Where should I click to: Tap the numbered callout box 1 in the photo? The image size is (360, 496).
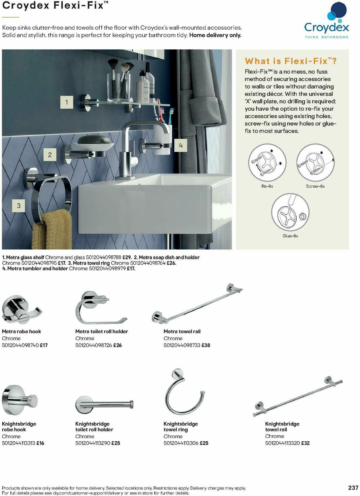[x=67, y=102]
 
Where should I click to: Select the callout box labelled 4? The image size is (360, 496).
[x=181, y=146]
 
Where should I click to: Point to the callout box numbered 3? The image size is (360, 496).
[x=19, y=206]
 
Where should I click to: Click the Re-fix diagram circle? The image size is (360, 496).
[x=267, y=162]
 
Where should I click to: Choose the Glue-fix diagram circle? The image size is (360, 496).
[x=290, y=212]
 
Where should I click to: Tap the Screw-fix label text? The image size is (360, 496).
[x=315, y=186]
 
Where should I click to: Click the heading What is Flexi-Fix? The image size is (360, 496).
[x=291, y=61]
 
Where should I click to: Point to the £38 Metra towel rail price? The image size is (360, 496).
[x=206, y=345]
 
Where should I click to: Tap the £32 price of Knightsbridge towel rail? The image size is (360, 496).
[x=305, y=443]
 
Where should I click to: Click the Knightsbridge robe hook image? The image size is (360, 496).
[x=19, y=400]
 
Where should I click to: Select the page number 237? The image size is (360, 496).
[x=353, y=488]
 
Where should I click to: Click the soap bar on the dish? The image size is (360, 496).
[x=94, y=140]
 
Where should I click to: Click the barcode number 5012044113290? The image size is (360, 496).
[x=92, y=443]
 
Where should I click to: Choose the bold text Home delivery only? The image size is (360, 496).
[x=215, y=35]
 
